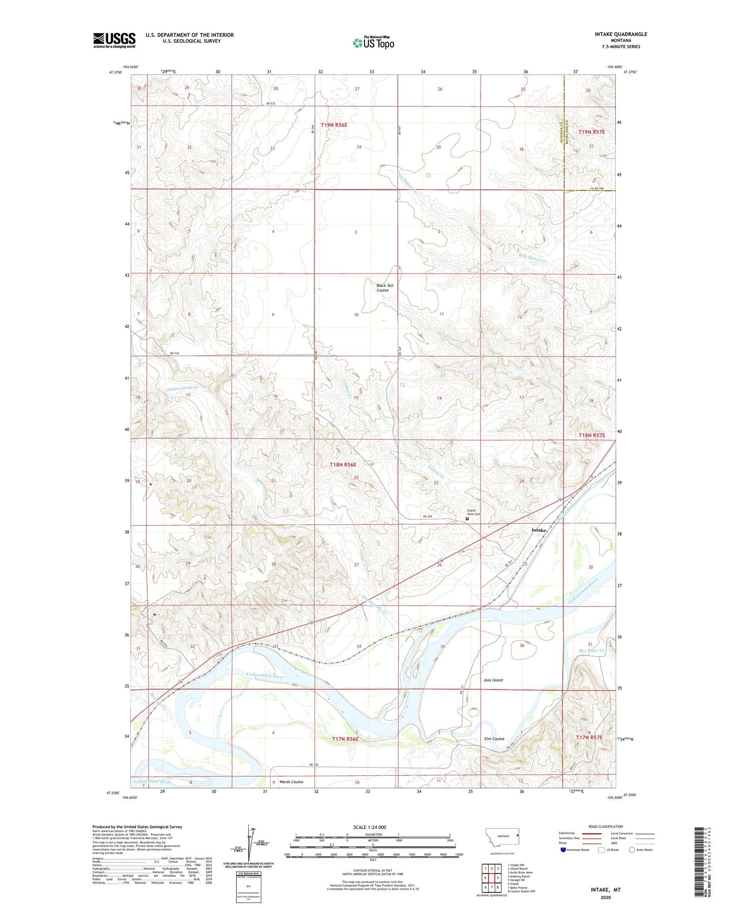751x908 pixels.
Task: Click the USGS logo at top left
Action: [114, 40]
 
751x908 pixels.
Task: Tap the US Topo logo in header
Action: [373, 43]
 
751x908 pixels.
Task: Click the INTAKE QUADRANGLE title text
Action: [618, 34]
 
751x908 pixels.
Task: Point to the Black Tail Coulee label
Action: [385, 287]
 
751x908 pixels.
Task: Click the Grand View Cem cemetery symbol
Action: [467, 519]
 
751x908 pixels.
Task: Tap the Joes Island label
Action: [493, 680]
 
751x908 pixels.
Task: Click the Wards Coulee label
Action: [291, 782]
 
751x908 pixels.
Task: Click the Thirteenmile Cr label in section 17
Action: [182, 388]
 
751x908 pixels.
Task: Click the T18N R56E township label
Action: [343, 465]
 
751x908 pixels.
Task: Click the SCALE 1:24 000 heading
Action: [369, 827]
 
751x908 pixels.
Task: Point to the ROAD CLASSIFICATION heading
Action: [605, 826]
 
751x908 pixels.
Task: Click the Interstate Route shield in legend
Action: [563, 850]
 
